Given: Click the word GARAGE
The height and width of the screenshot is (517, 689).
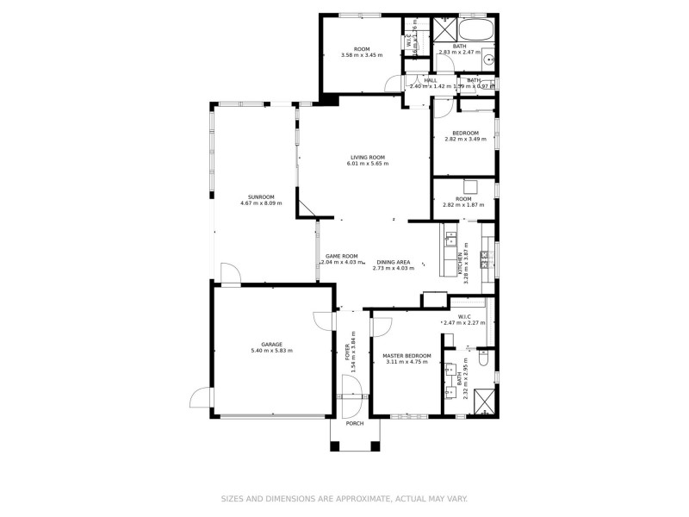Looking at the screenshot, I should (x=271, y=343).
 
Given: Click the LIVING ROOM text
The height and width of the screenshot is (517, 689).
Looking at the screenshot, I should (x=367, y=157).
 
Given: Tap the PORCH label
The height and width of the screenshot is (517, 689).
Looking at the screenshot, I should (x=354, y=423).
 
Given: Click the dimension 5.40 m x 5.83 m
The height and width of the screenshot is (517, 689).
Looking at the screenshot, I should (x=271, y=351).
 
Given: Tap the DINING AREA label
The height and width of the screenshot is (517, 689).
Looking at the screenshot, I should (x=391, y=262).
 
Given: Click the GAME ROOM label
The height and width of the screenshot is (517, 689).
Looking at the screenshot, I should (x=341, y=256).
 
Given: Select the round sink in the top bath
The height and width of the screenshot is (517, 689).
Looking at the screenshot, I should (x=487, y=60).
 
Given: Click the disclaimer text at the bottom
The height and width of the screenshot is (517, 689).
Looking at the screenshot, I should (x=344, y=498).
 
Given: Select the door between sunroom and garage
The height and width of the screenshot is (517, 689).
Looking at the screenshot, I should (x=230, y=273).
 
